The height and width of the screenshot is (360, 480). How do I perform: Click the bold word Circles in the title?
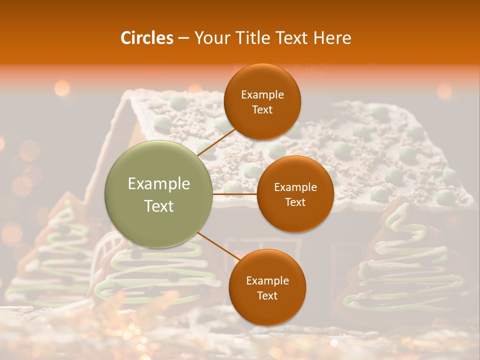(146, 38)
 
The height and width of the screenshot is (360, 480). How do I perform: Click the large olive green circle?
(159, 194)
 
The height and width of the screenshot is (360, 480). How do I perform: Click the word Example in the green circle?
(159, 184)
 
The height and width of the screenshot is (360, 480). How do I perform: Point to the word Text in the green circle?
(159, 206)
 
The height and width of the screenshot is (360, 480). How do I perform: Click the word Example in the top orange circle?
(262, 95)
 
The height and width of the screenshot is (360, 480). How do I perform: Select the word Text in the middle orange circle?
(295, 202)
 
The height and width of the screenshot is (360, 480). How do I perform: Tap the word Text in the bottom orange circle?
(267, 295)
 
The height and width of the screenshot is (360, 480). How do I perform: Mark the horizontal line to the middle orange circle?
(235, 193)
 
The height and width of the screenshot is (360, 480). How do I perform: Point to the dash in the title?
(183, 38)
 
